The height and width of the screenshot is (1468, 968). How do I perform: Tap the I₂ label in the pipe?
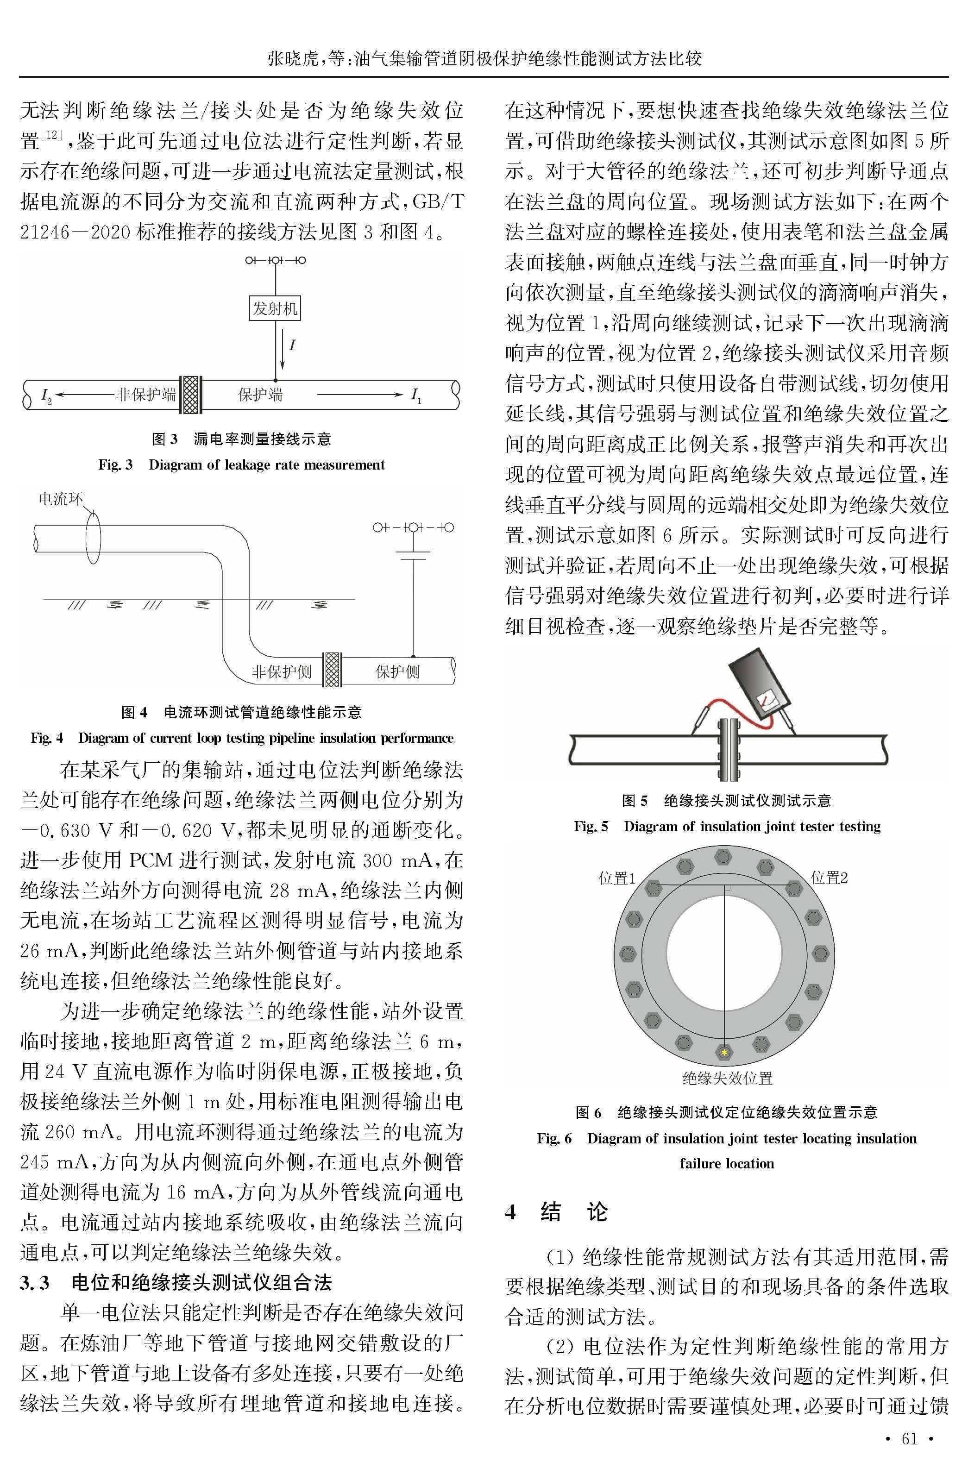point(46,395)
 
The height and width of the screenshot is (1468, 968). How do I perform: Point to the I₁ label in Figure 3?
point(416,395)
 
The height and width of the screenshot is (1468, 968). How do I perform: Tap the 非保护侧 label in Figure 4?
point(282,671)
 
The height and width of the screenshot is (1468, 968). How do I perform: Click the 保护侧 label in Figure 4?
point(397,671)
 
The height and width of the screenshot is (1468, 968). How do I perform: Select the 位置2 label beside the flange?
point(829,878)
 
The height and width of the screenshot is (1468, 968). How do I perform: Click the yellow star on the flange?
point(724,1052)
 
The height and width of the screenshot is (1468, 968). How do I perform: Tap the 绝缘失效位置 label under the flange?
point(727,1078)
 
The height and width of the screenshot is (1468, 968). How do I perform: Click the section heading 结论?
point(573,1211)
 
